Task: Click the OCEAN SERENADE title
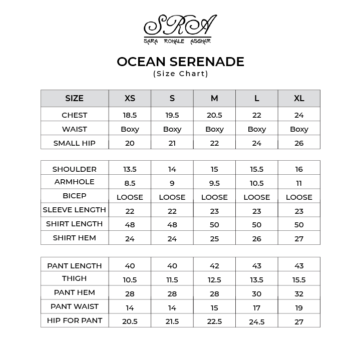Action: [180, 62]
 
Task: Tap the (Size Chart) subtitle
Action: [180, 74]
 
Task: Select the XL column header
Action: [299, 99]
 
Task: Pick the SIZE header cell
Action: [75, 99]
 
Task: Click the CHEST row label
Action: [75, 115]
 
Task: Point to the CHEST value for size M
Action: [214, 115]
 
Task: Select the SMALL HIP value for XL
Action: [299, 143]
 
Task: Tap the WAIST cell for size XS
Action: [130, 129]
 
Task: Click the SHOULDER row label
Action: [75, 169]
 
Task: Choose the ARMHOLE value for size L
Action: [257, 183]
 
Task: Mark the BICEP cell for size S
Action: [172, 197]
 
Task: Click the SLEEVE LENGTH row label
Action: [75, 210]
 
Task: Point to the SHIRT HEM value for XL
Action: [299, 239]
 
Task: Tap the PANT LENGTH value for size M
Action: [214, 266]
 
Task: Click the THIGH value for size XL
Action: [299, 280]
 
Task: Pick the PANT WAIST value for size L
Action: [257, 308]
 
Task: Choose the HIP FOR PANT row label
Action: [75, 320]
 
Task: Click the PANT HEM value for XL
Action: [299, 294]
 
